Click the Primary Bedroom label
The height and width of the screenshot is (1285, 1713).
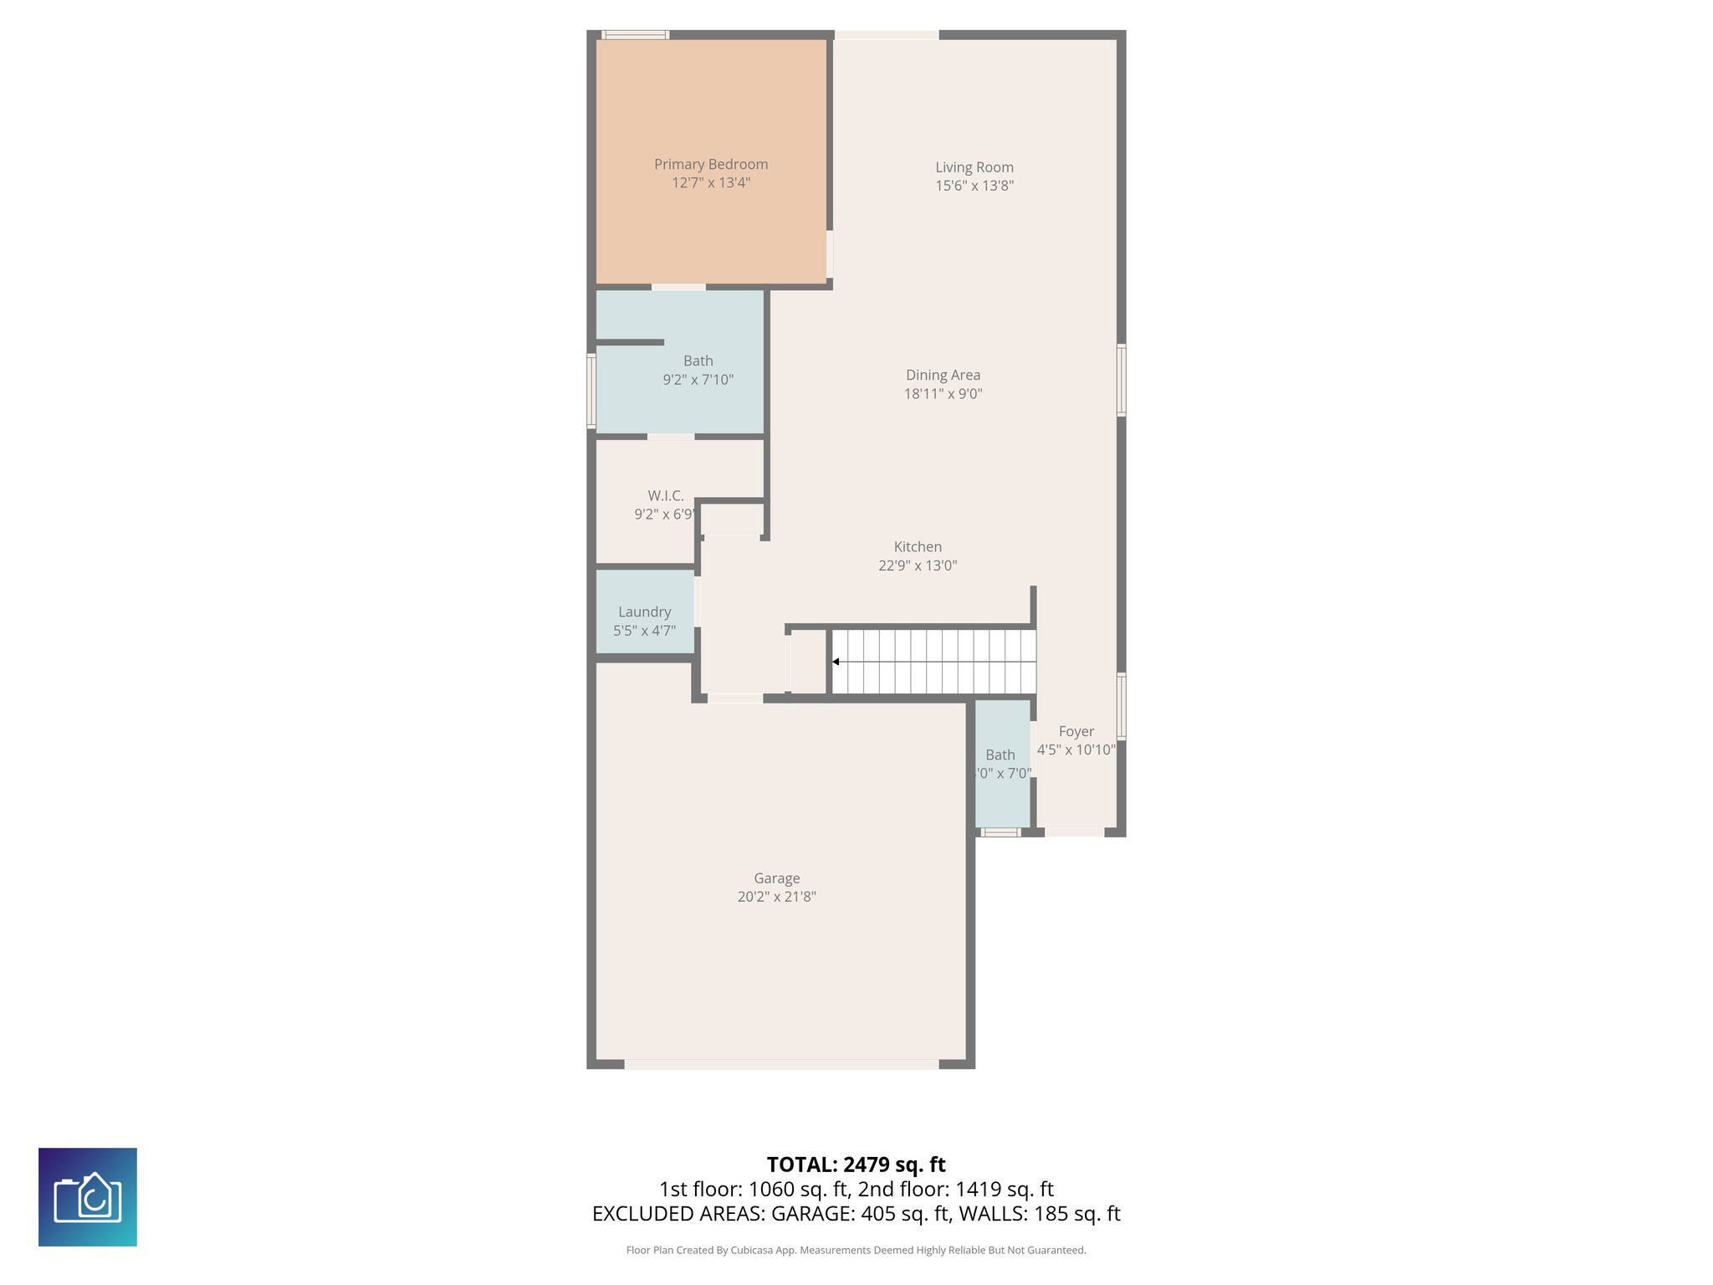(710, 165)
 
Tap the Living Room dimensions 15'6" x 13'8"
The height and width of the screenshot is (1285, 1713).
(974, 186)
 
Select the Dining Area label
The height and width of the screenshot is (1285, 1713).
(943, 376)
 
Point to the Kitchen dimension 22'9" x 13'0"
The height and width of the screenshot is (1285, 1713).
(917, 566)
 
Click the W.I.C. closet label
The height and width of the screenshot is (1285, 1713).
(665, 496)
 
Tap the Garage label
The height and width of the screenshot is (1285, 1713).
(776, 878)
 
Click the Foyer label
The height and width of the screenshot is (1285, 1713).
(1076, 731)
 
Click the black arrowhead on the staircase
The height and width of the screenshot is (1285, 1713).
(836, 662)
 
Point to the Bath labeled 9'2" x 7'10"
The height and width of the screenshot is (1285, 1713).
(698, 370)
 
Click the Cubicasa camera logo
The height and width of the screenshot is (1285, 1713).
(88, 1196)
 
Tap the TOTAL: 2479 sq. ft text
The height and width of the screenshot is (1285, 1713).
(856, 1165)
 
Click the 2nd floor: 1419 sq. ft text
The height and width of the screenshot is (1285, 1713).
(955, 1189)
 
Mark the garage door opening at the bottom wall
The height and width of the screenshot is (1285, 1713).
(781, 1064)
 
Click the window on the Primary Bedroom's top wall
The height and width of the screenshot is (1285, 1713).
(636, 35)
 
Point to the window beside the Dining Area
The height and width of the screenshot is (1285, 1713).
(1121, 380)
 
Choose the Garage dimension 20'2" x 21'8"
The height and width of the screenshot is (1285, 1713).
(776, 897)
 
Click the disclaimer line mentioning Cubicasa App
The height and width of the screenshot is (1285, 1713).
(856, 1250)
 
